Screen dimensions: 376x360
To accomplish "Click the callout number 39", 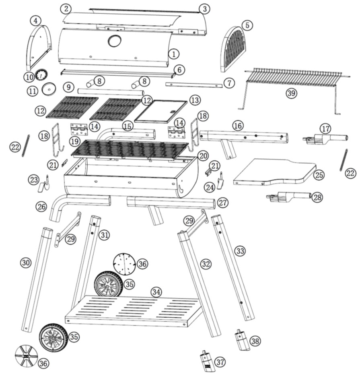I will [x=291, y=93].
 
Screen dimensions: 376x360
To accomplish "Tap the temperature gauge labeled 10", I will [x=41, y=74].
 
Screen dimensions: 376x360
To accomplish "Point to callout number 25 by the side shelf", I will [x=319, y=175].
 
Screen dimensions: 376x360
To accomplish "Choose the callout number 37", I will [x=220, y=362].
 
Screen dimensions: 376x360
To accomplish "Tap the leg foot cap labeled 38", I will [x=242, y=340].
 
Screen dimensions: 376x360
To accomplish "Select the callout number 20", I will [x=203, y=155].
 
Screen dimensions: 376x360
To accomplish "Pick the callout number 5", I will [x=247, y=25].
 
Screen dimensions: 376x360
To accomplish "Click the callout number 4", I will [x=36, y=20].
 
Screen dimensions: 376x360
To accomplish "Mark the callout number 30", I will [x=26, y=263].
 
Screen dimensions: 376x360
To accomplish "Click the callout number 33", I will [x=240, y=251].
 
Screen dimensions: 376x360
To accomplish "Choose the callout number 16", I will [x=238, y=126].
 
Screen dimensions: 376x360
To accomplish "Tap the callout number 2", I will [x=66, y=8].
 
